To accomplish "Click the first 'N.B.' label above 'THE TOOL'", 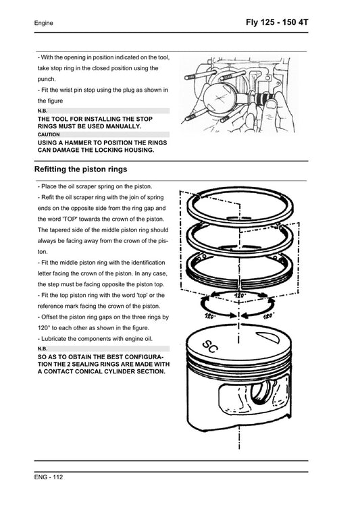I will (x=43, y=110).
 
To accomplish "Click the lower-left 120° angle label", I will (x=210, y=315).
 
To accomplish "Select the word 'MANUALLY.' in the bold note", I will (x=117, y=126).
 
